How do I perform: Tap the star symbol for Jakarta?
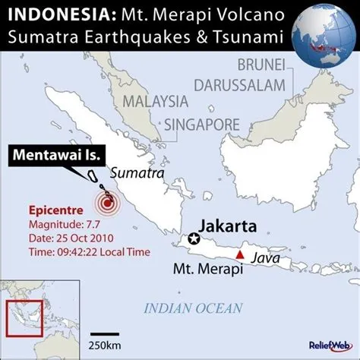(194, 239)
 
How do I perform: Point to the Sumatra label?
(137, 173)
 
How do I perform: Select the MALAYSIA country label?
(156, 101)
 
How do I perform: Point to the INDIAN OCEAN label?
(193, 308)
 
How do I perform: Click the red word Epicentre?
(55, 210)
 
